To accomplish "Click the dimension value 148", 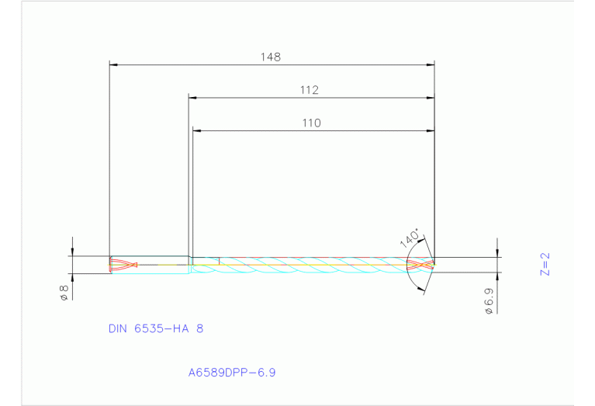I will pos(271,57).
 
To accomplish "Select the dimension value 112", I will pos(310,90).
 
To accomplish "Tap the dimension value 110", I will pos(312,123).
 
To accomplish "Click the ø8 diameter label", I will pos(64,292).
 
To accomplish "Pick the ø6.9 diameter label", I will pos(489,300).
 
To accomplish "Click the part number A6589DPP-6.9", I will pos(232,372).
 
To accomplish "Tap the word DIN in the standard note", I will pos(119,328).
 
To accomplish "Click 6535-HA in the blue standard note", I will pos(164,328).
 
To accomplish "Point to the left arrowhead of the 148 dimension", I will pos(113,64).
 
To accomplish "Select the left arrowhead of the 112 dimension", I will pos(194,98).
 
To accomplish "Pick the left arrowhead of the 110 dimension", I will pos(197,131).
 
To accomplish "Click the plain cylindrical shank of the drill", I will pos(163,265).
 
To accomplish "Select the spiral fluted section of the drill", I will pos(310,264).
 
